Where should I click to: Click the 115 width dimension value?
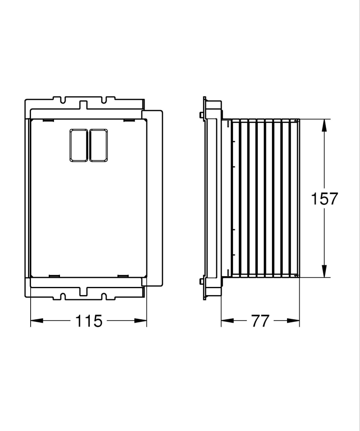[89, 321]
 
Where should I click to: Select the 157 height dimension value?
[325, 198]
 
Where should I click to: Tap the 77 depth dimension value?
[261, 321]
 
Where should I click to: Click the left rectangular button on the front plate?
[79, 145]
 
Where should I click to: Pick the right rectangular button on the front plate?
[99, 145]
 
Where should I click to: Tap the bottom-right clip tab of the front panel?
[123, 275]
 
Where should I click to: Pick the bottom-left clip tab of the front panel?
[54, 275]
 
